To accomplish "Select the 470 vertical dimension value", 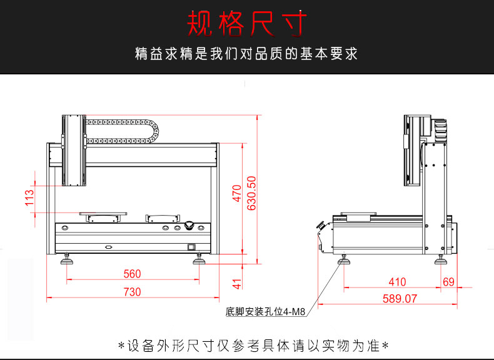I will [236, 193].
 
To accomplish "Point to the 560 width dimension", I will [132, 274].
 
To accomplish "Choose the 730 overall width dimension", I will [132, 291].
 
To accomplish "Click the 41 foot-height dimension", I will [236, 284].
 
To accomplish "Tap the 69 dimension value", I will [448, 282].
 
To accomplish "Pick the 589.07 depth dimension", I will [400, 299].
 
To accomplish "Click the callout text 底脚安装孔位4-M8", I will [266, 311].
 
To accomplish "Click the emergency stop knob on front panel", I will [189, 224].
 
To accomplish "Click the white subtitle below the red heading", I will [246, 54].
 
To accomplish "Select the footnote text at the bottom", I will [254, 345].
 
